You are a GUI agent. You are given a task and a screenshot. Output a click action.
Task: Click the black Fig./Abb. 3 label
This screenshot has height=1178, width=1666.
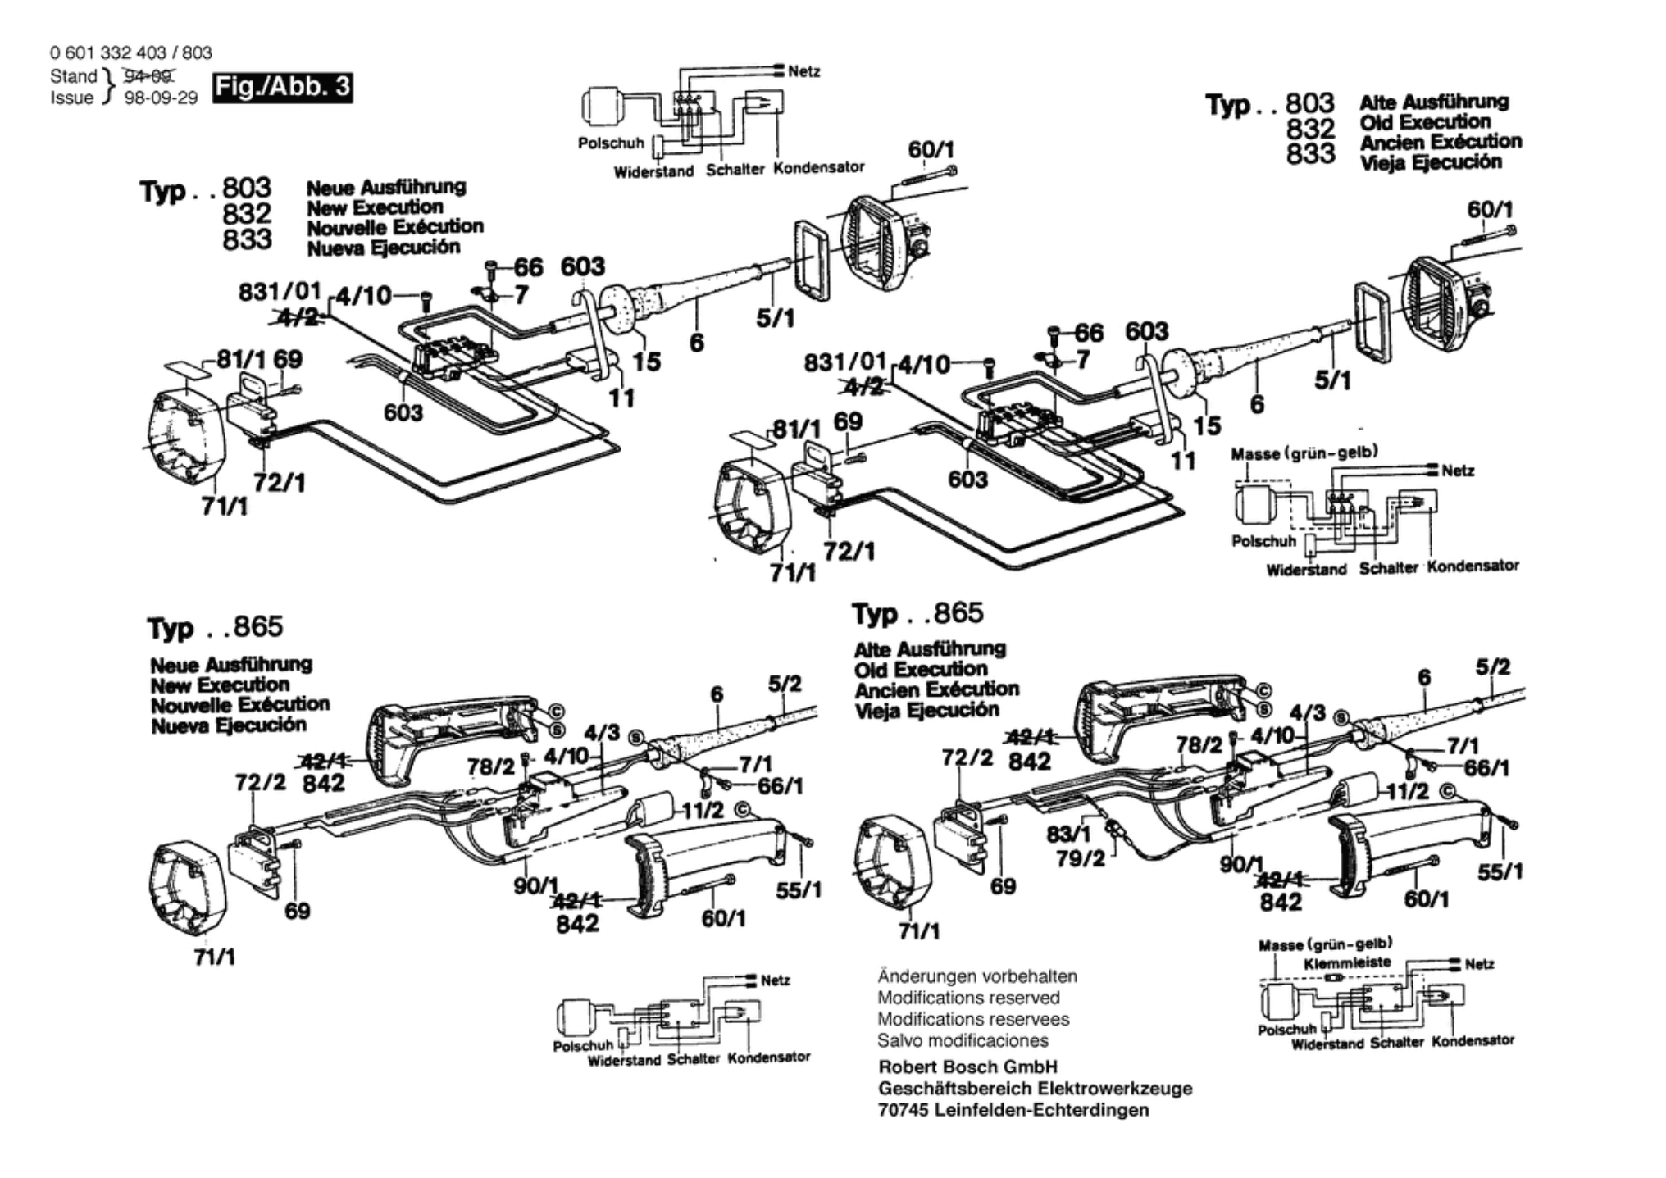click(x=283, y=87)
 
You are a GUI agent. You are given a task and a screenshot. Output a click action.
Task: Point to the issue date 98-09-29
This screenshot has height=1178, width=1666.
click(x=161, y=98)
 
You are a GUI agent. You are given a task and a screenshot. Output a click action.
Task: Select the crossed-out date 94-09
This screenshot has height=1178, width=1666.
click(x=148, y=77)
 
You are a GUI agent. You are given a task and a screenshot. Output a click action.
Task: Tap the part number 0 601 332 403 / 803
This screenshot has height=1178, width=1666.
click(x=131, y=53)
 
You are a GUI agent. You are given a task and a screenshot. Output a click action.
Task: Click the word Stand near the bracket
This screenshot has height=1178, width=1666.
click(x=74, y=76)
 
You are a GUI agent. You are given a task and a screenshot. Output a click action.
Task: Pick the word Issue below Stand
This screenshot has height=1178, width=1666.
click(x=72, y=98)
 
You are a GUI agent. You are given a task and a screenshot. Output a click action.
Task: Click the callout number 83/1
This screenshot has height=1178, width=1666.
click(x=1069, y=834)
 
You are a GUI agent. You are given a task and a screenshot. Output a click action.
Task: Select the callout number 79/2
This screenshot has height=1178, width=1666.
click(x=1081, y=858)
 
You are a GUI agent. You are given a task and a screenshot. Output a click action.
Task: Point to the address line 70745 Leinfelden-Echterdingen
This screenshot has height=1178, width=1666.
click(x=1013, y=1110)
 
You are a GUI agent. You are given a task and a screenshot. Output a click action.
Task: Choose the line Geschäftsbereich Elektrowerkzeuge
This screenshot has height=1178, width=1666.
click(x=1035, y=1089)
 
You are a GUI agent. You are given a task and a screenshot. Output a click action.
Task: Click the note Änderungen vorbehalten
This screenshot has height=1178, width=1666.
click(x=977, y=976)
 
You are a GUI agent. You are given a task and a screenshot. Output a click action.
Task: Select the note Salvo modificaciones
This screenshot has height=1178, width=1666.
click(x=963, y=1040)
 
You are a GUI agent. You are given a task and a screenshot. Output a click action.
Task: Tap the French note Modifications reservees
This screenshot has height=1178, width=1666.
click(x=973, y=1019)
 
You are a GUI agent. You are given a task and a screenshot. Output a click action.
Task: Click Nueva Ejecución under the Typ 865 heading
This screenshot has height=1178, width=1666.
click(x=229, y=725)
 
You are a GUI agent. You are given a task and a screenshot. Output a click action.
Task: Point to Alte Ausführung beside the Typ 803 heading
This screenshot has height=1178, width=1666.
click(x=1434, y=102)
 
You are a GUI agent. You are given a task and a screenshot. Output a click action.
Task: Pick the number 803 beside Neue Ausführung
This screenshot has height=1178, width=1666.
click(x=246, y=188)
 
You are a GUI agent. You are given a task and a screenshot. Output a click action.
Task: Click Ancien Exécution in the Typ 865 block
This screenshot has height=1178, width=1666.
click(x=936, y=689)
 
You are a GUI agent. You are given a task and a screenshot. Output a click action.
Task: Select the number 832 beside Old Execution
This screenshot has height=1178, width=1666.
click(x=1310, y=129)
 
